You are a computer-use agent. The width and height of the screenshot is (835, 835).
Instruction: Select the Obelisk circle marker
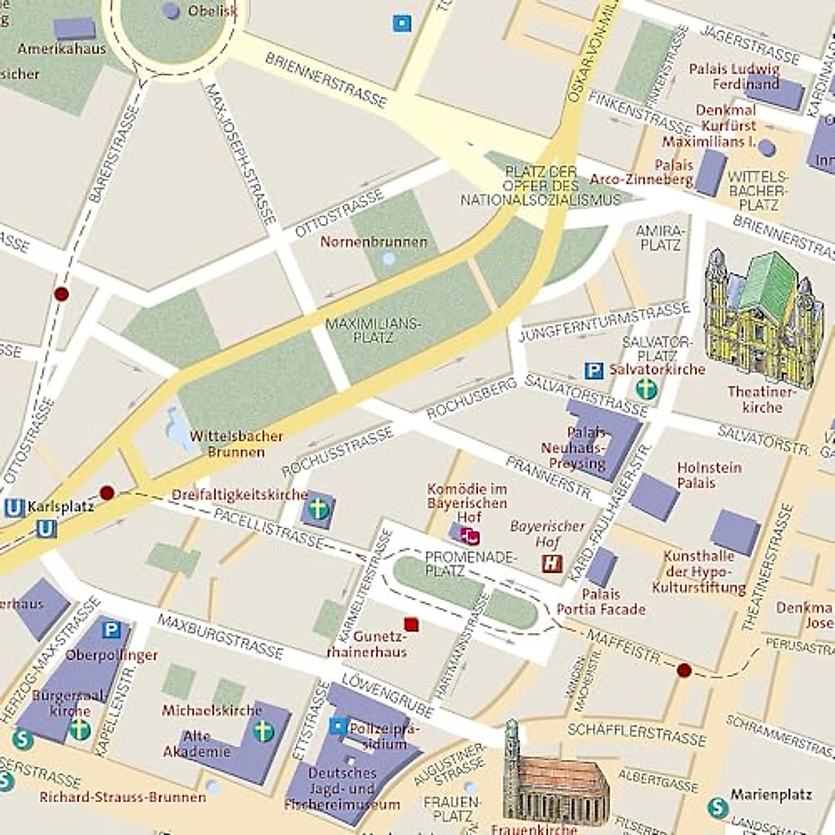(x=170, y=10)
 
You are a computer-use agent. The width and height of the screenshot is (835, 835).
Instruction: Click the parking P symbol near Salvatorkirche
(x=593, y=371)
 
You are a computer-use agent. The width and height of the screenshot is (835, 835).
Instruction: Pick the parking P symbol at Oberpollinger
(x=111, y=630)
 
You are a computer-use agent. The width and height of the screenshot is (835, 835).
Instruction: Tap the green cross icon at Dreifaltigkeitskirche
(x=318, y=509)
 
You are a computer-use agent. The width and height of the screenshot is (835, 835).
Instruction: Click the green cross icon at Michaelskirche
(x=262, y=731)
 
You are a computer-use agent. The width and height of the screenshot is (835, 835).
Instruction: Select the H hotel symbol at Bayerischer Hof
(x=552, y=563)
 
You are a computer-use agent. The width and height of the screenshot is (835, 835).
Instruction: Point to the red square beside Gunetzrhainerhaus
(x=411, y=623)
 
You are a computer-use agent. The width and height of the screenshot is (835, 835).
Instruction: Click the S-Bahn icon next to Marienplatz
(x=717, y=807)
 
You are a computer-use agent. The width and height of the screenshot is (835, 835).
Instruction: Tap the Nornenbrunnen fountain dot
(x=388, y=259)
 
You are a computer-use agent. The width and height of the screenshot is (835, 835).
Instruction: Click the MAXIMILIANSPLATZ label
(x=373, y=331)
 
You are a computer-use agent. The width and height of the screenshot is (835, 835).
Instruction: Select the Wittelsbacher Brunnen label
(x=236, y=444)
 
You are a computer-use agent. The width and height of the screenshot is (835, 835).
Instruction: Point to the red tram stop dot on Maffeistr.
(x=684, y=670)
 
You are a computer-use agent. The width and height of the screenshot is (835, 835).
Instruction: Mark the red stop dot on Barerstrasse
(x=61, y=294)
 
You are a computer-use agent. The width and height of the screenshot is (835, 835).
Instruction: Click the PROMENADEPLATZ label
(x=470, y=564)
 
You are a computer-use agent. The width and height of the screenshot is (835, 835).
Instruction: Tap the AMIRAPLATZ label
(x=660, y=237)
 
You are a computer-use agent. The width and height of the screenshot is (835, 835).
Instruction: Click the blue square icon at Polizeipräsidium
(x=338, y=726)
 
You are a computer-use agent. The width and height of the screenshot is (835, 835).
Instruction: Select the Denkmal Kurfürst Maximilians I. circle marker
(x=766, y=148)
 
